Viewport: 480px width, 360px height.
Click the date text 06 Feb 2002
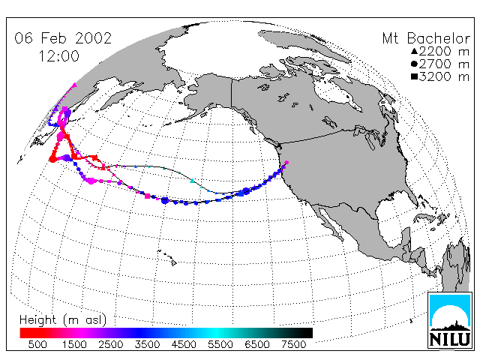[x=63, y=38]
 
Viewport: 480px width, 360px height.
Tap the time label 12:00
[x=59, y=56]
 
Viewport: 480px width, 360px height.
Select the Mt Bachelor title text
[x=426, y=38]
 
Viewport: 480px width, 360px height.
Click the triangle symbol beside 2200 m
[x=414, y=51]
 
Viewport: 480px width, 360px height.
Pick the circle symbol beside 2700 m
[x=414, y=64]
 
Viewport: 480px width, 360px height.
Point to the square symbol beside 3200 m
[x=414, y=76]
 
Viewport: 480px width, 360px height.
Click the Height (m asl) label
[x=63, y=320]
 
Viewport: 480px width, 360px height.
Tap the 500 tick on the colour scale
[x=37, y=344]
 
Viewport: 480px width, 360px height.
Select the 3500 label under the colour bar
[x=147, y=344]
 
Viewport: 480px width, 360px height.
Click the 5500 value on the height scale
[x=220, y=344]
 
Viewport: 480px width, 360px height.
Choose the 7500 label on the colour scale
[x=293, y=344]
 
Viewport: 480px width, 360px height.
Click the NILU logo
[x=450, y=320]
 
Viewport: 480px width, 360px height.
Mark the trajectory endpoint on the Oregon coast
[x=286, y=163]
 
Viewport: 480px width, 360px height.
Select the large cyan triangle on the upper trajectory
[x=192, y=181]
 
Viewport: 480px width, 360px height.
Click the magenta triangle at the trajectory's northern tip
[x=74, y=85]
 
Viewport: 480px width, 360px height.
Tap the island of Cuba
[x=425, y=218]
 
